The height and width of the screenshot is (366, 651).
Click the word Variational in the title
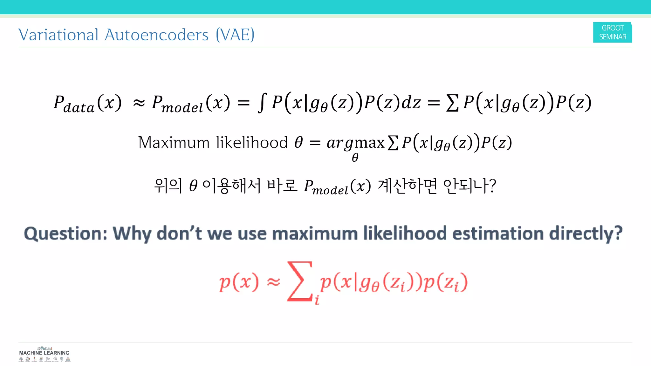click(x=58, y=35)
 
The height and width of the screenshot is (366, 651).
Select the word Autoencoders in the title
click(x=156, y=35)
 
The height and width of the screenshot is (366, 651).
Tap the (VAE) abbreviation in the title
click(x=235, y=35)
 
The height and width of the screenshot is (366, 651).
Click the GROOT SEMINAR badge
click(x=612, y=32)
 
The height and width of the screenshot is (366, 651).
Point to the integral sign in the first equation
click(x=262, y=103)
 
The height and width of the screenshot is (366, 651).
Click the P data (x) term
click(x=87, y=103)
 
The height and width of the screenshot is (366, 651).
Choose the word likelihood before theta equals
click(x=252, y=142)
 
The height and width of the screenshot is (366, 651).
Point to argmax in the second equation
click(x=355, y=143)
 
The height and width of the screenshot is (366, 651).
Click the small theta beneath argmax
click(x=355, y=158)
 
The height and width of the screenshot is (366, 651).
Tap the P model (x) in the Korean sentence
click(x=337, y=186)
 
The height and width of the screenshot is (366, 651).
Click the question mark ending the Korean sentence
click(x=492, y=186)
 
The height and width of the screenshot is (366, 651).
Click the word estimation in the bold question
click(x=498, y=234)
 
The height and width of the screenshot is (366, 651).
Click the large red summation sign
click(x=299, y=281)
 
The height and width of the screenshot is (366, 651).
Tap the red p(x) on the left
click(x=239, y=282)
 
